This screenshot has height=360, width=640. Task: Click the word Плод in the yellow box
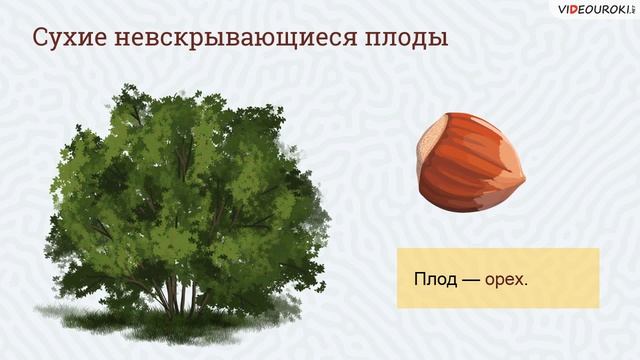click(434, 278)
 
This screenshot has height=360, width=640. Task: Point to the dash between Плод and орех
click(470, 278)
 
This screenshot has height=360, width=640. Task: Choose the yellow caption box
click(497, 278)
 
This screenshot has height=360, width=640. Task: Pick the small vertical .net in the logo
click(632, 10)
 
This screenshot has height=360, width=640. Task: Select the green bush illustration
click(185, 200)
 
